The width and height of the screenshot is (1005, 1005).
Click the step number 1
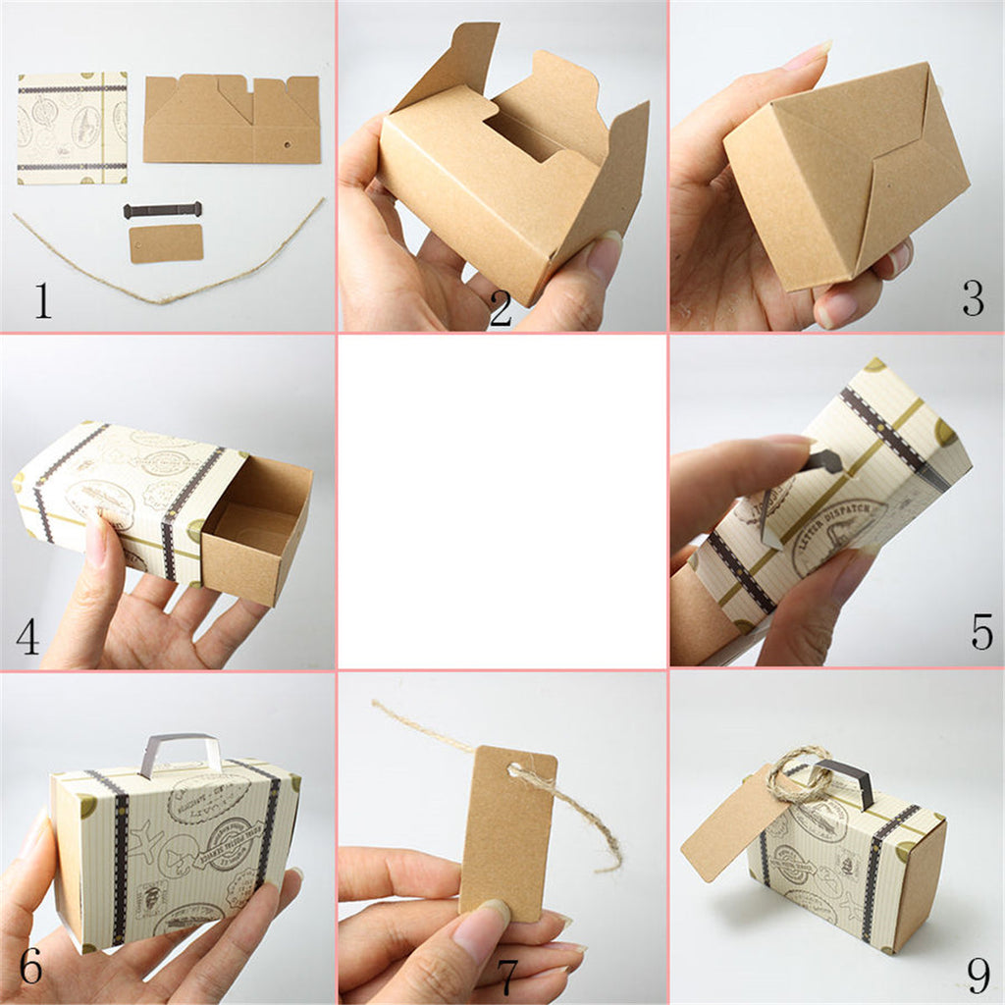[x=42, y=299]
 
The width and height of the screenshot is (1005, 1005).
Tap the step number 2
[x=501, y=310]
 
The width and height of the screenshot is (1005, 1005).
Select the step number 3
[x=972, y=298]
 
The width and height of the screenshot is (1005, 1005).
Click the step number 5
[x=981, y=633]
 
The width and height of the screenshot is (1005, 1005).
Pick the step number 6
[x=30, y=967]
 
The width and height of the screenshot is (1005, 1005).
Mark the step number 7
[x=507, y=977]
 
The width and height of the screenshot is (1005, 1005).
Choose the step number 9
[x=978, y=975]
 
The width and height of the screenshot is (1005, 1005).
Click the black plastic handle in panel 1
[x=162, y=210]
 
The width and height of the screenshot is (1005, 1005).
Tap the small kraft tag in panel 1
[x=166, y=243]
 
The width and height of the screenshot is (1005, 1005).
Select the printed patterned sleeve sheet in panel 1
[x=72, y=128]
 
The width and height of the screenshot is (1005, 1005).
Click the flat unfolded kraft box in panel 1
[x=232, y=120]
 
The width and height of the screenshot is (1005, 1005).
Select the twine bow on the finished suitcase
[x=797, y=775]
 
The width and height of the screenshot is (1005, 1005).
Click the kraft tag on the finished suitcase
[x=731, y=824]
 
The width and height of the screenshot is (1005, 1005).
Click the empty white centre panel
[x=502, y=502]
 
